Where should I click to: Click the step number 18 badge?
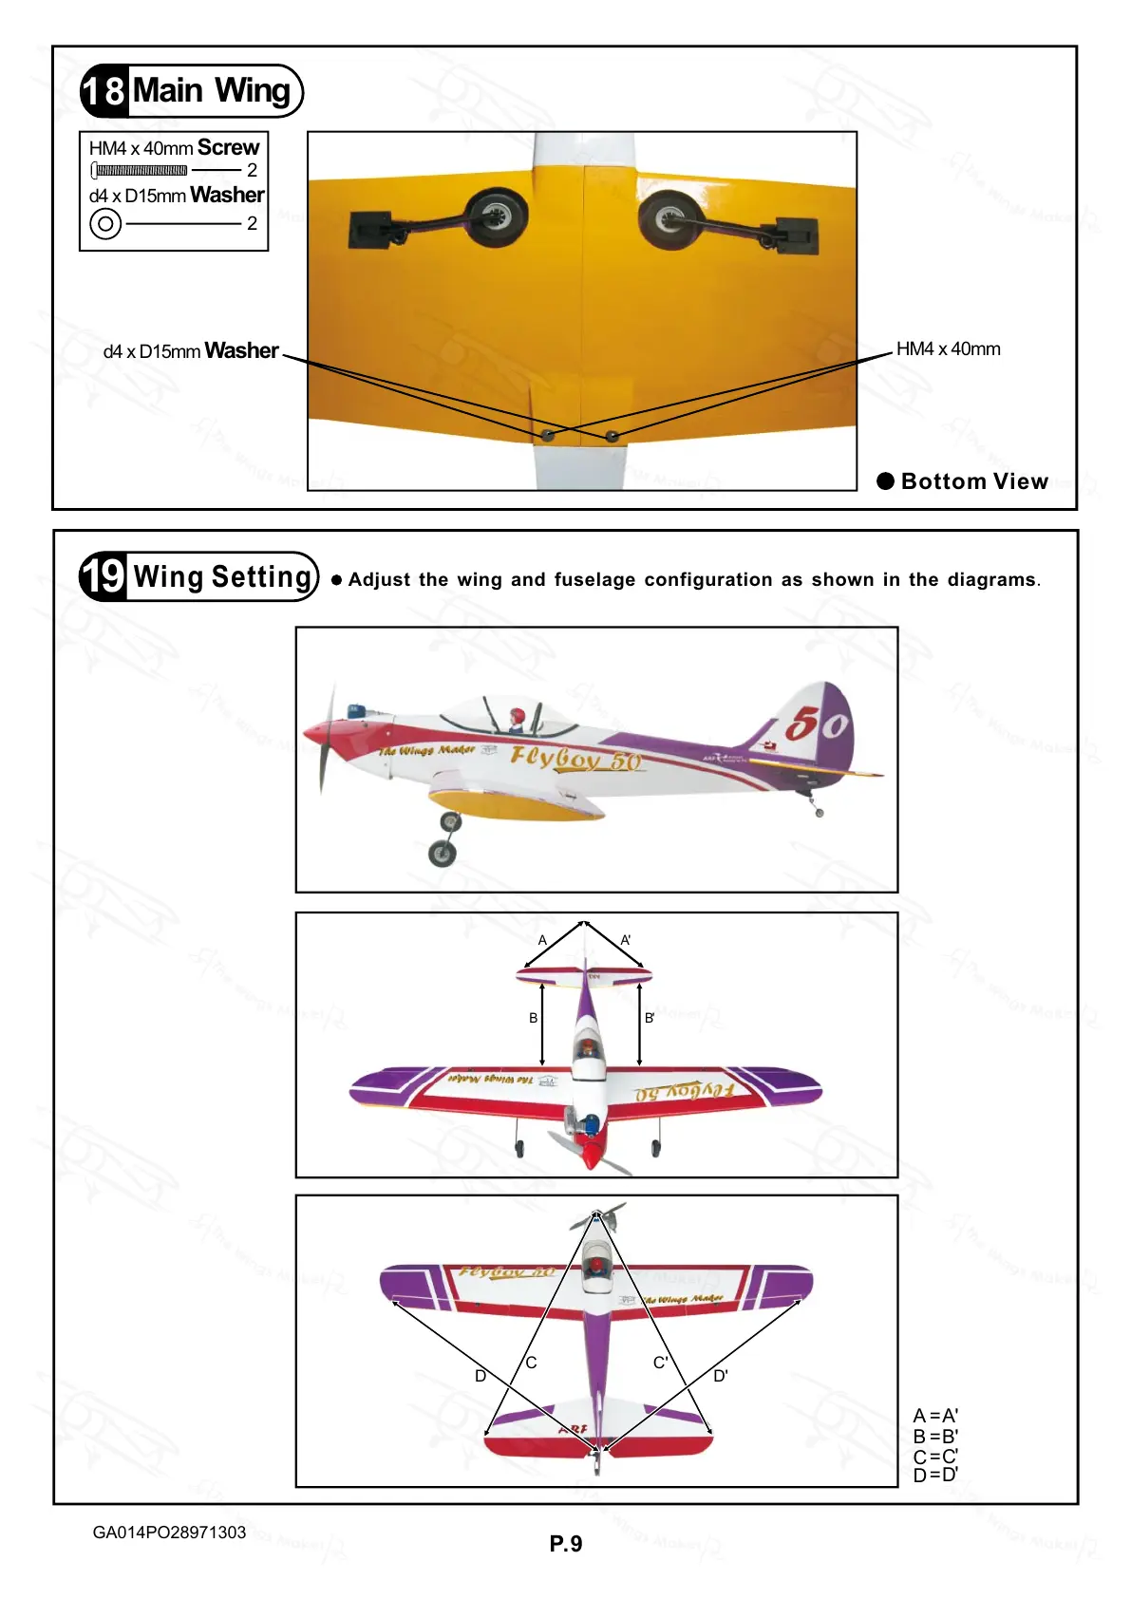pos(104,91)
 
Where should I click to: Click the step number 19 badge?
pos(104,575)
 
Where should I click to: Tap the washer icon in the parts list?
pos(105,224)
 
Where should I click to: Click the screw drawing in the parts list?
pos(140,171)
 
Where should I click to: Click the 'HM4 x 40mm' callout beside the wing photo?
pos(948,349)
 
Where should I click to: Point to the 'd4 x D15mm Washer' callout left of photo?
pos(190,351)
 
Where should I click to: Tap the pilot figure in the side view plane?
pos(517,719)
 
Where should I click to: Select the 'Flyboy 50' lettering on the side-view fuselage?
pos(575,758)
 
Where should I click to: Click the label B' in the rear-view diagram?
pos(650,1018)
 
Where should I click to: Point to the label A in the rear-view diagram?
pos(542,940)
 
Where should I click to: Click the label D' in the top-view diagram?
pos(721,1375)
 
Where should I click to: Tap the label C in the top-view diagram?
pos(531,1363)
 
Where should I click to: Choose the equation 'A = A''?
pos(935,1416)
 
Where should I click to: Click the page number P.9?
pos(566,1544)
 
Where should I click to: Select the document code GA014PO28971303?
pos(169,1533)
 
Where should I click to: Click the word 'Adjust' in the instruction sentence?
pos(379,580)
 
